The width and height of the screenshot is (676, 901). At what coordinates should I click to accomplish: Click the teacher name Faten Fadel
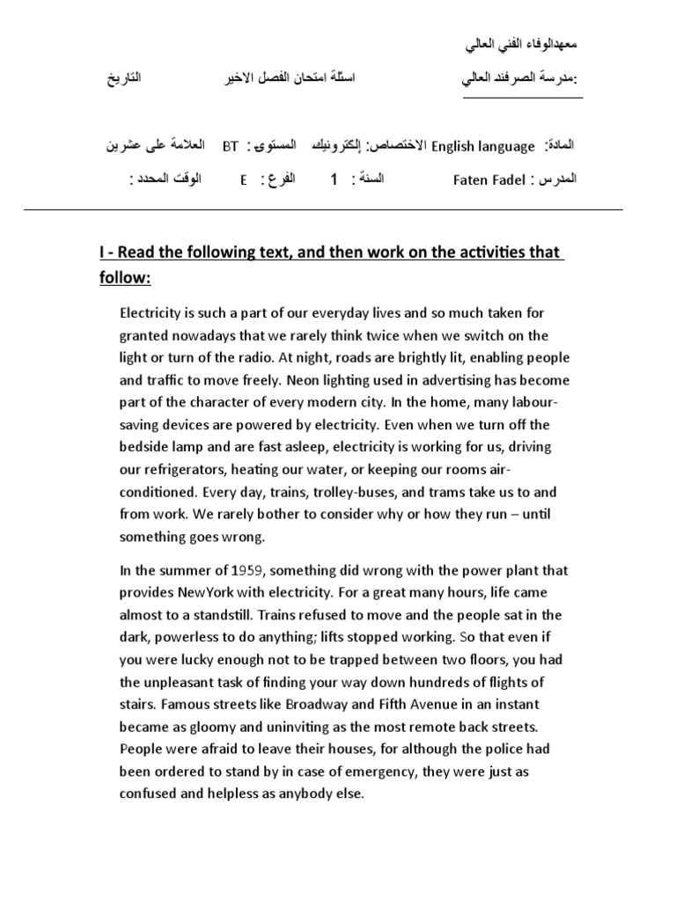(489, 180)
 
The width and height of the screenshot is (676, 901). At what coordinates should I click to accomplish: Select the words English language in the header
(482, 147)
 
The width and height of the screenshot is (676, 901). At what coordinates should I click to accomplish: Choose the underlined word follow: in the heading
(125, 279)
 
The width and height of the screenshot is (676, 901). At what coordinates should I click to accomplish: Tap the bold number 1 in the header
(334, 180)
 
